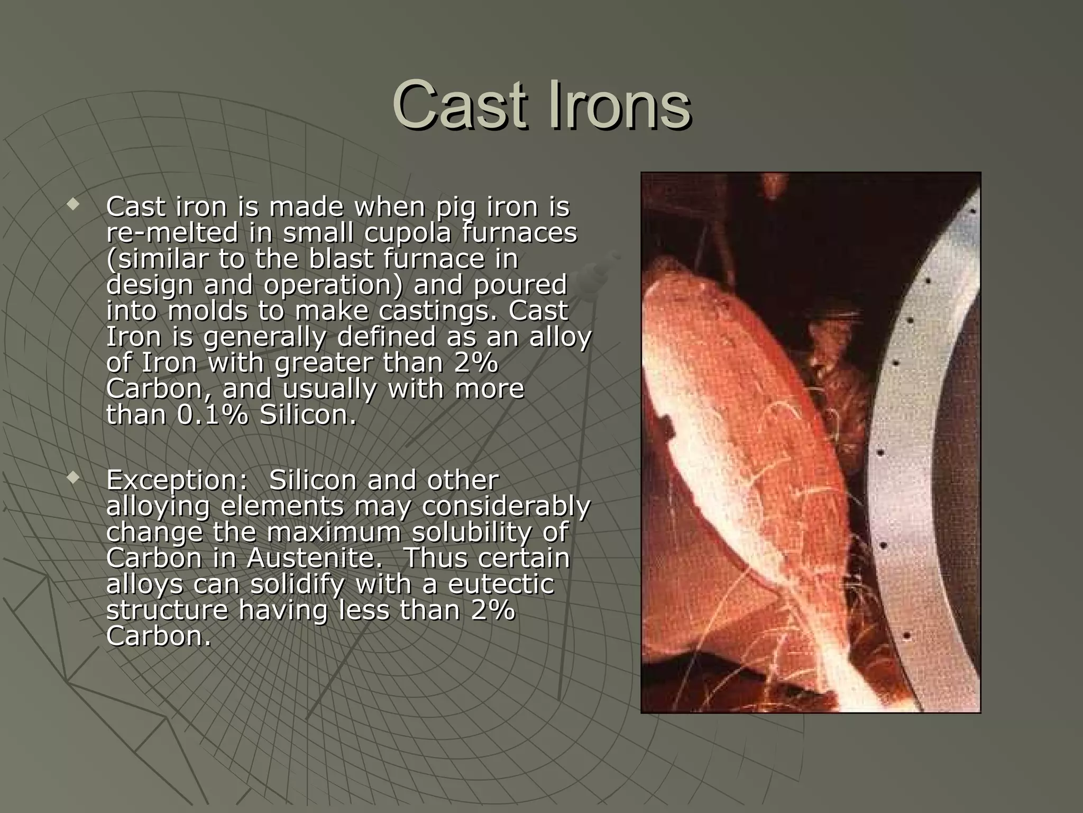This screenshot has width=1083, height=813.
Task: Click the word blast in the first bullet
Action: (341, 259)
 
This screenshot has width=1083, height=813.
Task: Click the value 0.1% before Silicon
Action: (213, 414)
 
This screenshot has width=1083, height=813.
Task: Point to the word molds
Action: (207, 311)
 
